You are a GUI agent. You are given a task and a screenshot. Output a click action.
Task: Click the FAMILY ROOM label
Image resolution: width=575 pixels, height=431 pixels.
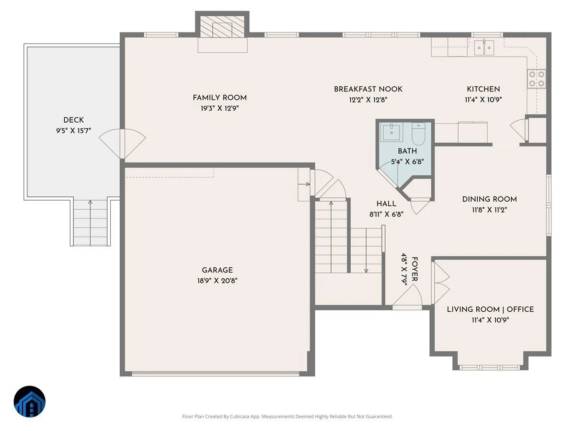pos(219,98)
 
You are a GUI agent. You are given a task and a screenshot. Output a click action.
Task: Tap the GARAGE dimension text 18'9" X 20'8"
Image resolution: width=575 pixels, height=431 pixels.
pos(217,281)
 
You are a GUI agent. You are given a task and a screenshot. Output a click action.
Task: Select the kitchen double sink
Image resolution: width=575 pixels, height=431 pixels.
pos(484,48)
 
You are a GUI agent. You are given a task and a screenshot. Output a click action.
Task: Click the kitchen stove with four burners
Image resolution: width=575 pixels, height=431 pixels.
pos(536,79)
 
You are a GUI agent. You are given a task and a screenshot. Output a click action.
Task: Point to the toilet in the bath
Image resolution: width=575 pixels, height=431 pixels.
pos(418,134)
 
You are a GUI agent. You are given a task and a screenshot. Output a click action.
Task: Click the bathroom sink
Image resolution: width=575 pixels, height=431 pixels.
pos(391,133)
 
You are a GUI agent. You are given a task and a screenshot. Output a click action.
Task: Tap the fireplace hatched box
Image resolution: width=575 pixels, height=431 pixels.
pos(222,26)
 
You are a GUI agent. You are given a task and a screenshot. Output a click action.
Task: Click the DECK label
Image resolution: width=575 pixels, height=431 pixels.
pos(74,120)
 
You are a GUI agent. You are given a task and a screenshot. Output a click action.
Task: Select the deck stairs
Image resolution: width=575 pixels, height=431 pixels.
pos(90,223)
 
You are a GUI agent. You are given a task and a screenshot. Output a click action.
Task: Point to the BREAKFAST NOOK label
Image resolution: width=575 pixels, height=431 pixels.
pos(368,89)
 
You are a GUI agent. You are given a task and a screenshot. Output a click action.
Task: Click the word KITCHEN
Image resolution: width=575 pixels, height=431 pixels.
pos(483,89)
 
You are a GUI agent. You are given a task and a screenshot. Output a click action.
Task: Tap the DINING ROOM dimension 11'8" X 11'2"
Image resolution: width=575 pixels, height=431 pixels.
pos(489,210)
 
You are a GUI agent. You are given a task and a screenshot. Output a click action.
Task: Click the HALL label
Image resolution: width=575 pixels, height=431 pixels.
pos(386,204)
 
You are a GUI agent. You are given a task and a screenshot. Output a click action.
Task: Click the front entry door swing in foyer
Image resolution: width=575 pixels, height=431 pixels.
pos(408,295)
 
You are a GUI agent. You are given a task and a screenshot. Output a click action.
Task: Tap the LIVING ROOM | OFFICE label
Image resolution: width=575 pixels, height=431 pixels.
pos(490,309)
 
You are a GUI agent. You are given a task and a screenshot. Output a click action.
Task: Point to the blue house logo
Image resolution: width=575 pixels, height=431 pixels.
pos(30,401)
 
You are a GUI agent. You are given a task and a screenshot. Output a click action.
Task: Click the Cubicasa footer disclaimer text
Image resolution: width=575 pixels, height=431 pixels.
pos(287,416)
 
